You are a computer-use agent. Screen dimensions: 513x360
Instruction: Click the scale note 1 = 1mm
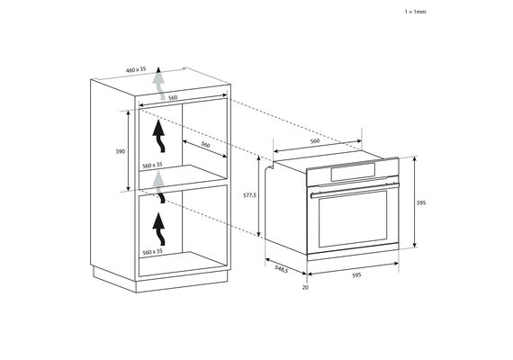416,12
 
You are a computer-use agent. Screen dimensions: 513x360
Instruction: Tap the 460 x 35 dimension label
136,69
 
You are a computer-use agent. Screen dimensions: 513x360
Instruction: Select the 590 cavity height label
121,151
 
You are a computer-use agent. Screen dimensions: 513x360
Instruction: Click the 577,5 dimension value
249,195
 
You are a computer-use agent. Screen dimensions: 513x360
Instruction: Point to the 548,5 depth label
282,269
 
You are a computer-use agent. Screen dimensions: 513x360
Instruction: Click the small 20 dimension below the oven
306,287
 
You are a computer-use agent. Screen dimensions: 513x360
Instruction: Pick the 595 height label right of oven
421,202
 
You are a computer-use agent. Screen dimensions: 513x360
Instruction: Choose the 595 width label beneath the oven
356,275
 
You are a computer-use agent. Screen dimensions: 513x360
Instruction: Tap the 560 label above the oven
314,141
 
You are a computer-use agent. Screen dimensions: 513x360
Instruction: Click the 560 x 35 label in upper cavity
152,166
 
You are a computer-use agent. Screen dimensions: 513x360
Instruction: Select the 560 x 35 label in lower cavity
152,252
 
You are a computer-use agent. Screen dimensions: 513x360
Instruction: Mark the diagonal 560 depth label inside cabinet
205,144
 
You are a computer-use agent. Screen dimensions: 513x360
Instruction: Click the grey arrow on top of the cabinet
159,84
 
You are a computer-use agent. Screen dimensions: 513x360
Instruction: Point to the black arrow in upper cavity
159,136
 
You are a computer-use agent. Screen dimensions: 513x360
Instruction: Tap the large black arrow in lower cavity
159,229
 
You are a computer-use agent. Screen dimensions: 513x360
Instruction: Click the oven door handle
355,190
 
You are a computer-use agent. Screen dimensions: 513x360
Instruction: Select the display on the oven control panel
353,172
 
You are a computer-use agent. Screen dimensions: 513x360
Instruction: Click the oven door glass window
353,218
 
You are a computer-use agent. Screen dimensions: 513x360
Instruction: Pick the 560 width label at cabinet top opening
173,98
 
